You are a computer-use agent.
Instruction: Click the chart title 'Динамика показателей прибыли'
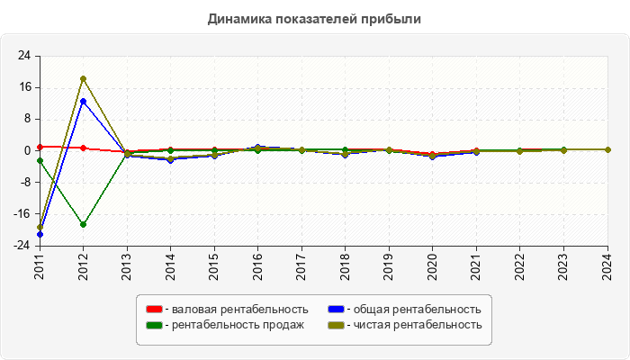(314, 19)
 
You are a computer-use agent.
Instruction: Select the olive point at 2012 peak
(83, 79)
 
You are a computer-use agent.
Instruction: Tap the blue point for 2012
(83, 101)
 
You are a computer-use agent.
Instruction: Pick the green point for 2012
(83, 224)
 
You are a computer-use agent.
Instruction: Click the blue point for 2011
(40, 234)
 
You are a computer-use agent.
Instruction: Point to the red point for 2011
(40, 147)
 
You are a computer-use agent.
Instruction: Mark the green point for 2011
(40, 160)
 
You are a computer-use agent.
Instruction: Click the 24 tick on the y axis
(24, 56)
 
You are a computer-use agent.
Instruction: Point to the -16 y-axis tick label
(22, 214)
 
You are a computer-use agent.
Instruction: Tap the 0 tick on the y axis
(28, 150)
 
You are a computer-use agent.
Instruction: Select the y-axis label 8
(28, 119)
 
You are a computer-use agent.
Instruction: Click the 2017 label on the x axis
(301, 265)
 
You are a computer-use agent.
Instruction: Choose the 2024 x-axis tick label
(607, 265)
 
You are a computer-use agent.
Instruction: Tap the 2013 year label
(127, 265)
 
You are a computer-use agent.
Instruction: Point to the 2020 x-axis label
(433, 265)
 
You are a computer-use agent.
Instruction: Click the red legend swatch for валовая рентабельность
(154, 310)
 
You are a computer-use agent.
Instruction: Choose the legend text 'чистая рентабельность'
(418, 325)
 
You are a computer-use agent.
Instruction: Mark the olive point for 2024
(607, 149)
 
